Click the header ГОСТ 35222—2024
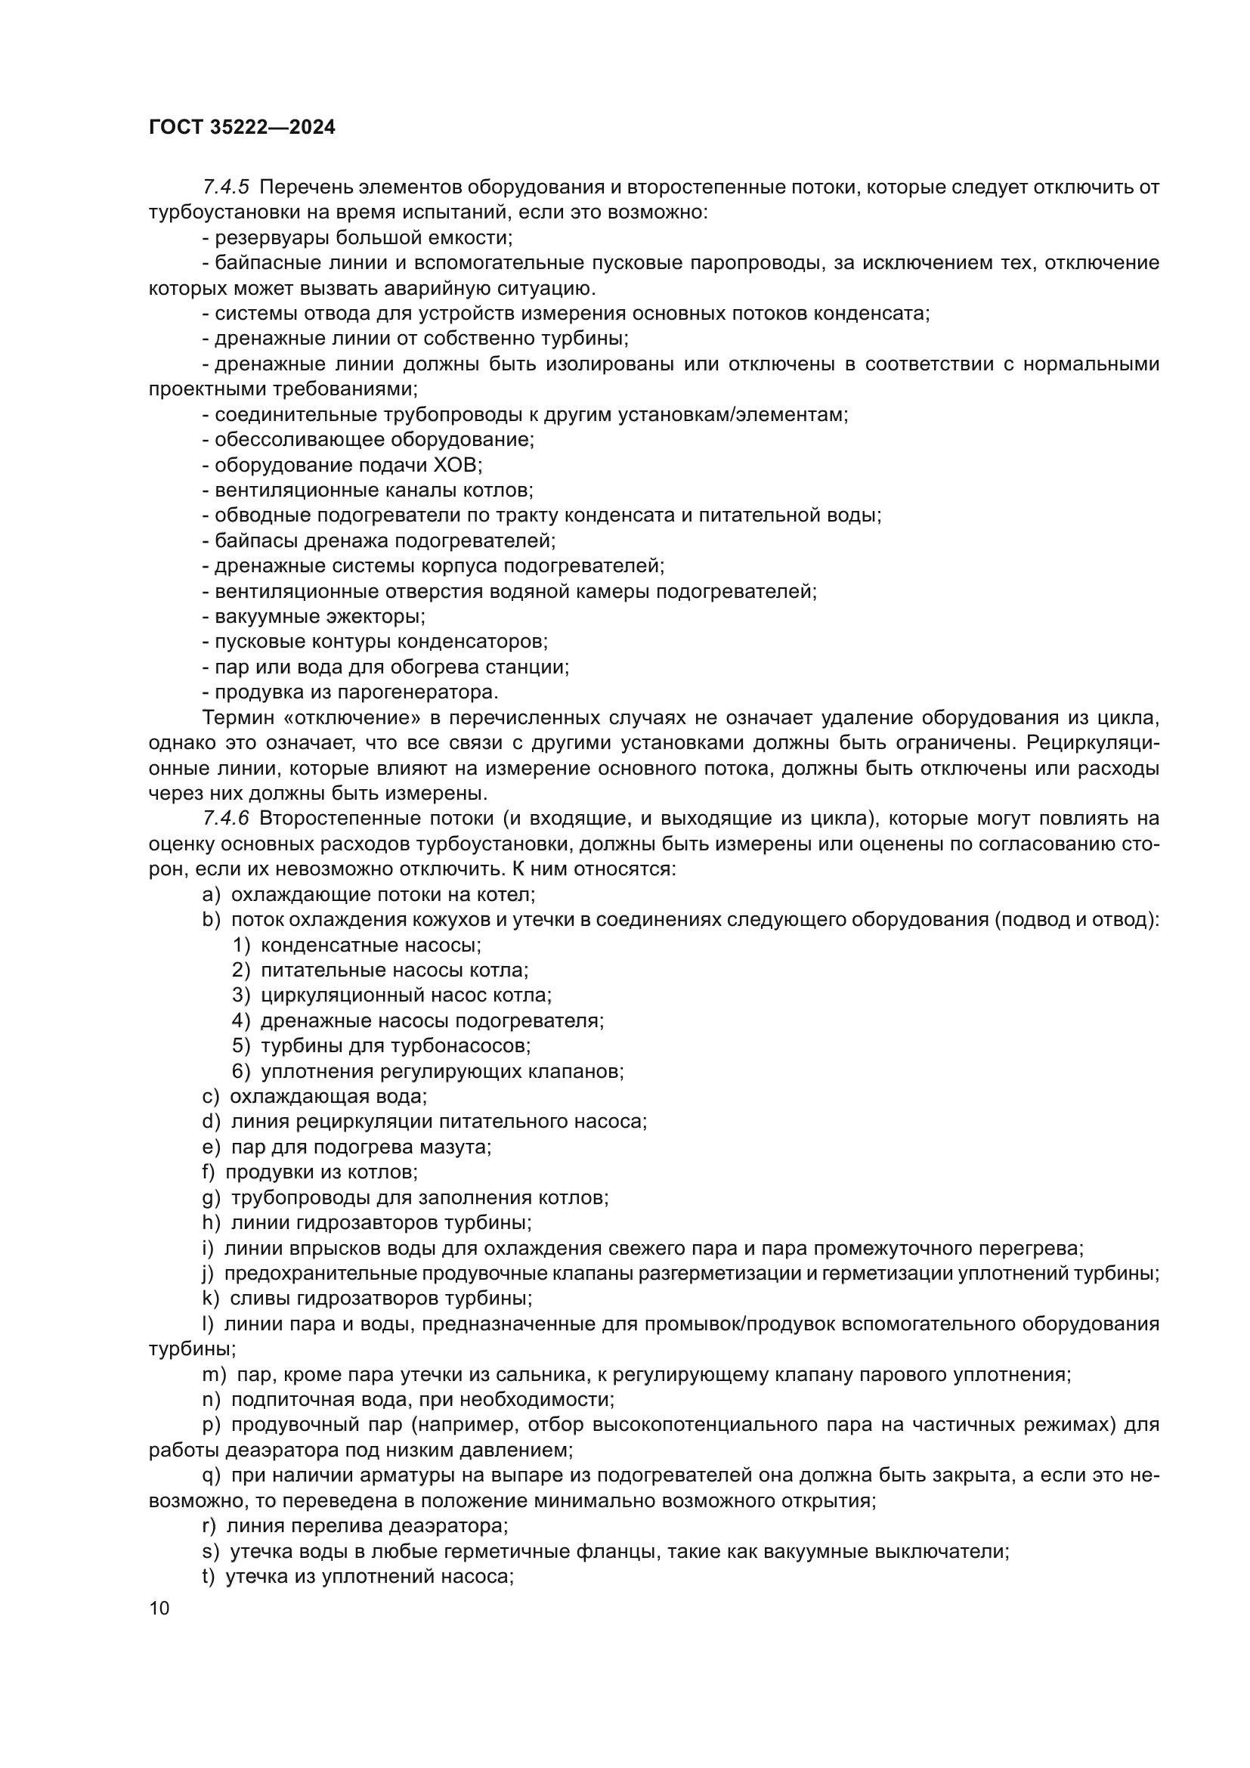[242, 128]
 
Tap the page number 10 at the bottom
[159, 1608]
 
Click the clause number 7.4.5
[225, 187]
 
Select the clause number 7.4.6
[225, 818]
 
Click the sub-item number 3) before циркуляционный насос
[242, 995]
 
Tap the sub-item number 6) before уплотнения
[242, 1071]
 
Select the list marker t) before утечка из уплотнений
[208, 1576]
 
